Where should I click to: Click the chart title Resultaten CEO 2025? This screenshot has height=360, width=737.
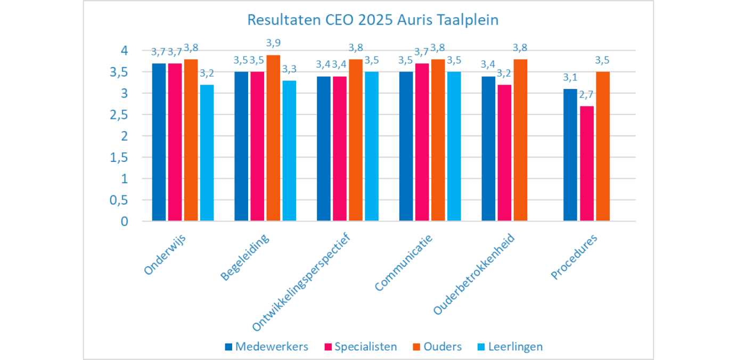(372, 21)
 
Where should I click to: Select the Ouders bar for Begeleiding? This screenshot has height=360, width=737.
(273, 138)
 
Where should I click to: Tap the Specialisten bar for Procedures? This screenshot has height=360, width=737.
(587, 163)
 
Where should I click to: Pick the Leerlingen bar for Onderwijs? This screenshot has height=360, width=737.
(207, 153)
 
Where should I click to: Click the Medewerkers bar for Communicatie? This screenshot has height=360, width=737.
(406, 146)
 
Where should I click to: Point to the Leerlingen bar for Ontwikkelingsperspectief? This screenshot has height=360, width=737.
(372, 146)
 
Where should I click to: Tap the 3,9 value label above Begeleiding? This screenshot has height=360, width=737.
(274, 43)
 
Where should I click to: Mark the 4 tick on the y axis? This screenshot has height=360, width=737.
(125, 51)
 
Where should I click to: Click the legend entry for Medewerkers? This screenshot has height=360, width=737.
(266, 347)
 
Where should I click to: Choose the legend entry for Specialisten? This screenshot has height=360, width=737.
(361, 347)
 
